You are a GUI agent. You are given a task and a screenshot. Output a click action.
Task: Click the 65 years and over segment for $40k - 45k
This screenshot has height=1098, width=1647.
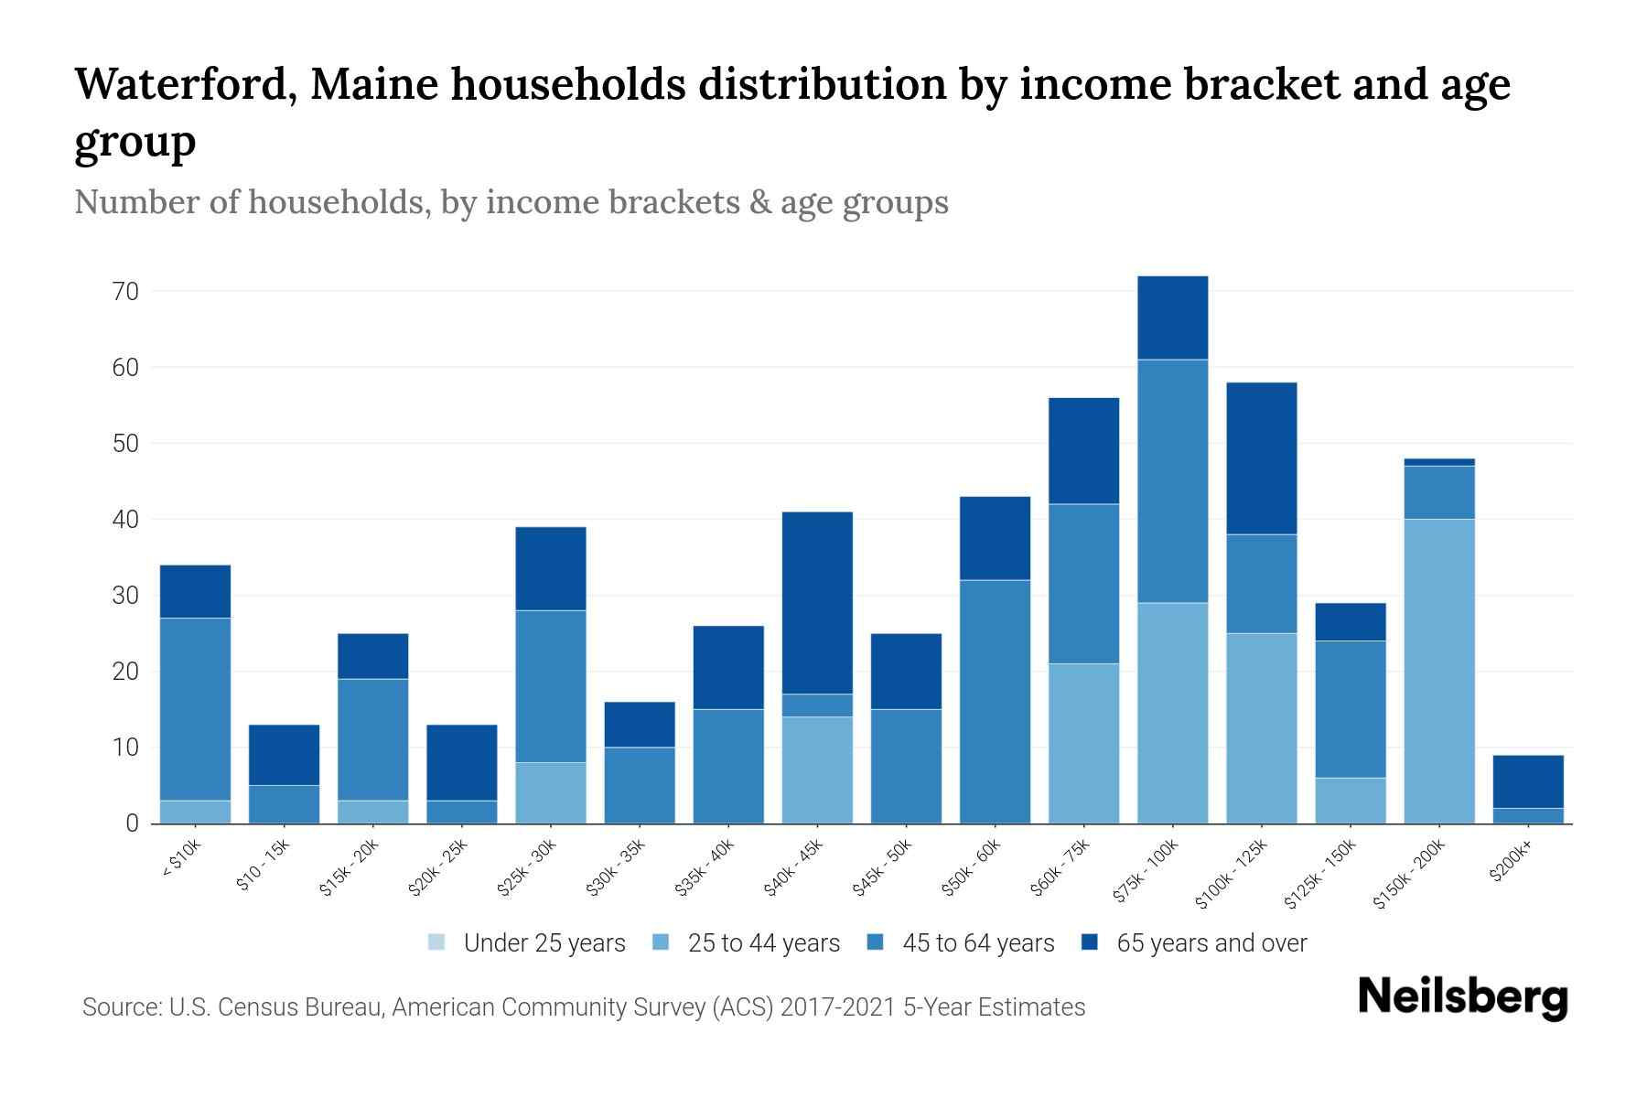tap(817, 603)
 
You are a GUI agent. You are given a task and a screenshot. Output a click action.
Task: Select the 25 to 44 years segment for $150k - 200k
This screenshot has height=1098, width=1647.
tap(1439, 671)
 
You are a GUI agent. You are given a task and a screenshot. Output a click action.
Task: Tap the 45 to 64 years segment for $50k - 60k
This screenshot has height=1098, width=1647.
tap(995, 702)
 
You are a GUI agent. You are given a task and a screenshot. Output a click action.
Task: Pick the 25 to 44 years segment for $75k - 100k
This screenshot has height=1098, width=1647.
tap(1172, 713)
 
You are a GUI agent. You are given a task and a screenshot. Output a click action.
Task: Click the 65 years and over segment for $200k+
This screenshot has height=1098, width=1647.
tap(1528, 781)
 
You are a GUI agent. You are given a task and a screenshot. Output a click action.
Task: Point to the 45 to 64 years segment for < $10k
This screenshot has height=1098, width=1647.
tap(195, 709)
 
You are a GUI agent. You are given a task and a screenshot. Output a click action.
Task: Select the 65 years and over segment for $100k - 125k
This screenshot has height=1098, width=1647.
tap(1261, 458)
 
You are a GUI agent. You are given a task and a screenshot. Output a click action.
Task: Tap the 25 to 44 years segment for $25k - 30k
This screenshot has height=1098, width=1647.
tap(551, 792)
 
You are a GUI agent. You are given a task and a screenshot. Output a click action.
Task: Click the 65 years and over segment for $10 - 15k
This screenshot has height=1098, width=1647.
tap(284, 755)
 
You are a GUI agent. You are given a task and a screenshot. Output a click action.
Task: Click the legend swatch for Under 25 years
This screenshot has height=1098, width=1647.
tap(436, 942)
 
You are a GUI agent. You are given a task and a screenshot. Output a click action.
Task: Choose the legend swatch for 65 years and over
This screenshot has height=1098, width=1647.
tap(1090, 942)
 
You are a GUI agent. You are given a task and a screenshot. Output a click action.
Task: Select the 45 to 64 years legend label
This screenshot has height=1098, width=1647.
tap(978, 942)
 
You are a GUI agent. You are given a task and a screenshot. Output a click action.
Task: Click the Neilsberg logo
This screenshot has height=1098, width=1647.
tap(1462, 997)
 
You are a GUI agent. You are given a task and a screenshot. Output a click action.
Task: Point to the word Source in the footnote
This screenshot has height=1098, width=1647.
tap(120, 1007)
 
